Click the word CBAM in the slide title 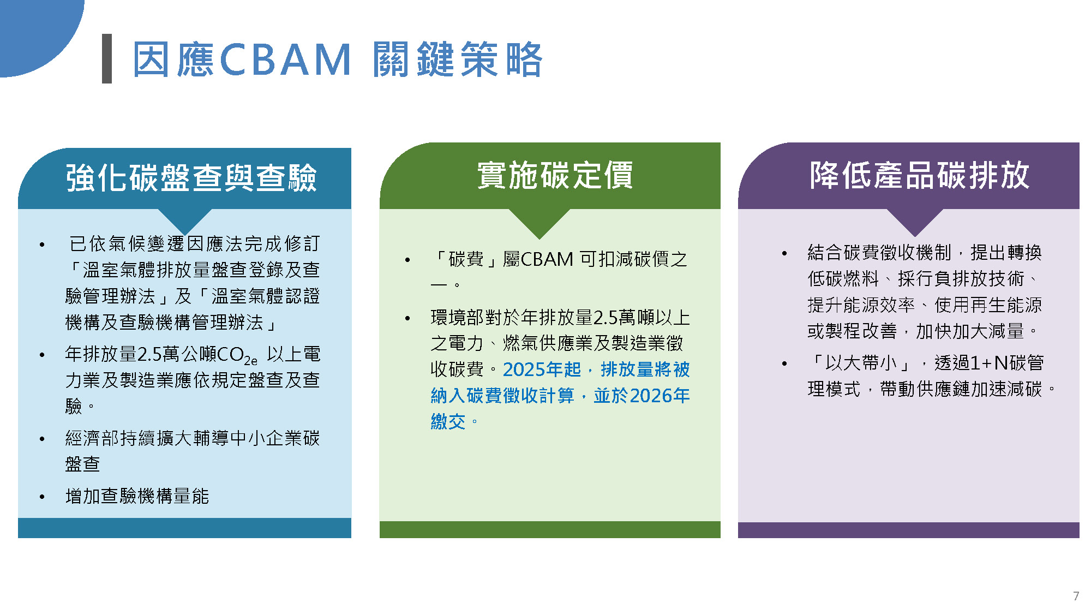[285, 59]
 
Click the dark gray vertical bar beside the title [107, 58]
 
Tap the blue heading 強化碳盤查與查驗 [191, 177]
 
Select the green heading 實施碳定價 [555, 175]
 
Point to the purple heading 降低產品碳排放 [920, 175]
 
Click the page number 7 [1076, 596]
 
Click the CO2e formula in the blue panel [237, 355]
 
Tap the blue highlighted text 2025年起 [542, 369]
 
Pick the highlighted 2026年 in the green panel [660, 396]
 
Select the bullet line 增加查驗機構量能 [137, 496]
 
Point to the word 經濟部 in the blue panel [92, 438]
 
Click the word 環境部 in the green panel [457, 317]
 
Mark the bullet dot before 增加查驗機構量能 [42, 497]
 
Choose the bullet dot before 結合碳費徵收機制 [784, 253]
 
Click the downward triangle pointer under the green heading [539, 220]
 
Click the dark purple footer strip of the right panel [909, 530]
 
